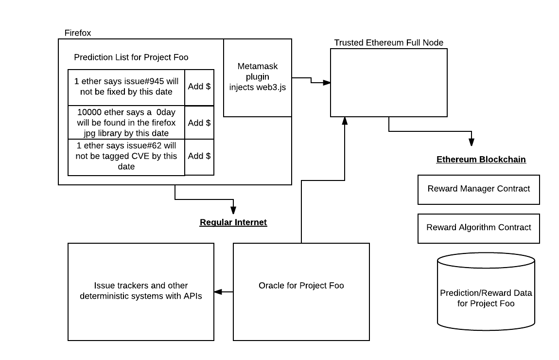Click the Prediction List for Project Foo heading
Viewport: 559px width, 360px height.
tap(131, 57)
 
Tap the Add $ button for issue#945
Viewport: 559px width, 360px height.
tap(199, 87)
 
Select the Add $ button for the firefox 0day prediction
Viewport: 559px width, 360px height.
tap(199, 123)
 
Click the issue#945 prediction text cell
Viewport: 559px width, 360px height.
tap(126, 87)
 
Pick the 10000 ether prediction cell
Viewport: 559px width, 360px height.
tap(126, 123)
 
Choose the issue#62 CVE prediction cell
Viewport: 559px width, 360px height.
tap(126, 156)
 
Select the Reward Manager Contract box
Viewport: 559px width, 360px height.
tap(479, 189)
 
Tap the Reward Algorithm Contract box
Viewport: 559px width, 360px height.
tap(479, 228)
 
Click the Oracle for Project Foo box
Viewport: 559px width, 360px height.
tap(301, 291)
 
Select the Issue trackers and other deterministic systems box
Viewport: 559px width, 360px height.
tap(141, 291)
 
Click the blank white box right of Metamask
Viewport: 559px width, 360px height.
tap(389, 83)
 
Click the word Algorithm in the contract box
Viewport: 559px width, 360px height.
tap(478, 228)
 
